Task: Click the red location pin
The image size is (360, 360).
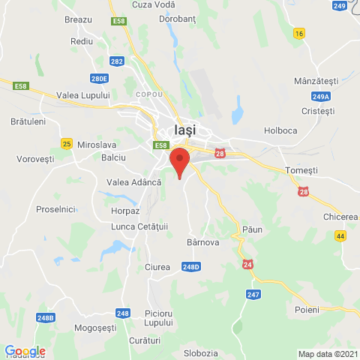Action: (179, 161)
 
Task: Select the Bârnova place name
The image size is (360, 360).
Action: (202, 242)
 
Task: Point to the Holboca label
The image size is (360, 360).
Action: (280, 130)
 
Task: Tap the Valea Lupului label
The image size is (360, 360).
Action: (85, 95)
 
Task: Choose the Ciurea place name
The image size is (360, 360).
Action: (157, 267)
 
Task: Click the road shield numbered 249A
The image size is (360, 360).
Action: (321, 96)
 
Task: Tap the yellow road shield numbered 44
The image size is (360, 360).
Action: (340, 235)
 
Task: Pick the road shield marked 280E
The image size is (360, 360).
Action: (99, 78)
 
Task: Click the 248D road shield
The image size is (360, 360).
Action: (191, 266)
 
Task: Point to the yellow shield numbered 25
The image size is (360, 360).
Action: (67, 143)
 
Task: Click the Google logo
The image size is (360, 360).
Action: (25, 351)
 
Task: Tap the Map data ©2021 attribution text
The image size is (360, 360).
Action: (327, 354)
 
